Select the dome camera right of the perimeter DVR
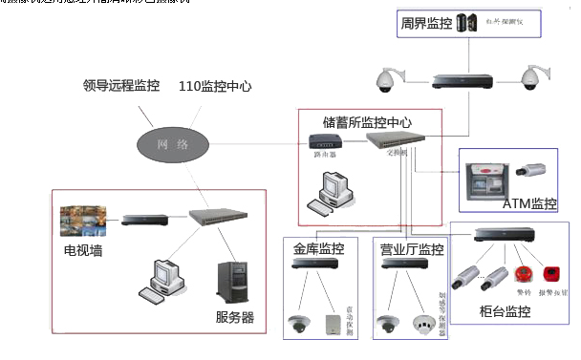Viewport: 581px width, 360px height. pos(530,77)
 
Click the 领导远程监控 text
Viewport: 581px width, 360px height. pos(121,86)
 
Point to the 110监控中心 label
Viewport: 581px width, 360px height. pos(215,86)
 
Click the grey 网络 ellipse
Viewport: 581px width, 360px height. pos(171,144)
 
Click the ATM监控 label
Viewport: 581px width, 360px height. pos(529,203)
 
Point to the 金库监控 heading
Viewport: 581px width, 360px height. pos(318,249)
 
